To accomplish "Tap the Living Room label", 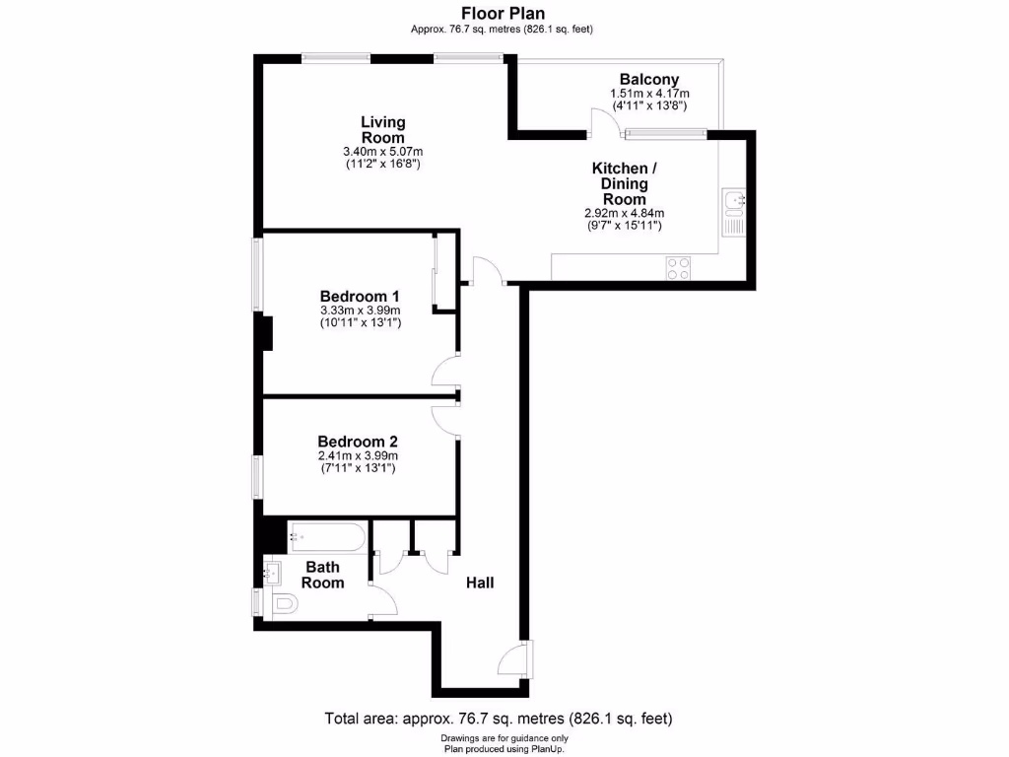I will click(x=382, y=129).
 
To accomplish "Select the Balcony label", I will click(x=648, y=80).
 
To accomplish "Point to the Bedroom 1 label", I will click(x=360, y=296).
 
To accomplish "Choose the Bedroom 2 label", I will click(x=357, y=442).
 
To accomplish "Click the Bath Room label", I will click(x=322, y=575).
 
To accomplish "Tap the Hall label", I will click(x=480, y=583).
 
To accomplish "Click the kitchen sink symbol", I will click(x=734, y=203).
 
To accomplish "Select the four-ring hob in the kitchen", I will click(x=678, y=268).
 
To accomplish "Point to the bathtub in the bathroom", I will click(x=327, y=538).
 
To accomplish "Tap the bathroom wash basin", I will click(x=272, y=569).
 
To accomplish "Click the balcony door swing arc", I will click(x=603, y=121).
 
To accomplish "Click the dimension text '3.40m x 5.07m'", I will click(x=382, y=152).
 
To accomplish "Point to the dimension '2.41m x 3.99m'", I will click(x=357, y=456).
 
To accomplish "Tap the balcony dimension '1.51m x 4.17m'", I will click(x=648, y=94).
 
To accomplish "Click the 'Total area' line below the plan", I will click(x=499, y=719).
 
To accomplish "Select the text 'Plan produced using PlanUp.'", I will click(x=504, y=749).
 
